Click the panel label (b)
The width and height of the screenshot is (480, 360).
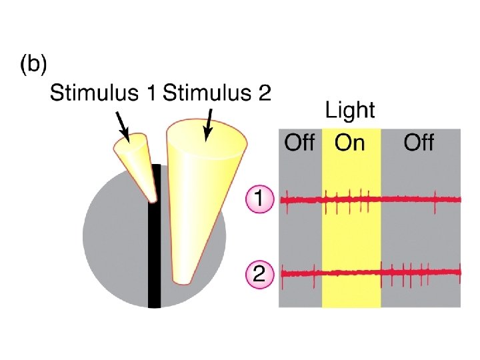(33, 65)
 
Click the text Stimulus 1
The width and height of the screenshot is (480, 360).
(103, 93)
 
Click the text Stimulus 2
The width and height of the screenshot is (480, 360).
(217, 93)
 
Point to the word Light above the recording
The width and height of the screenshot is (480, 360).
(350, 110)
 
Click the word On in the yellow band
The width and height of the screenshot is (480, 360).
(350, 142)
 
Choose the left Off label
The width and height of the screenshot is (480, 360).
(299, 142)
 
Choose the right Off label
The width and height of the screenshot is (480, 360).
(419, 142)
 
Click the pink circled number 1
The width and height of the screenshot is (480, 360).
(259, 199)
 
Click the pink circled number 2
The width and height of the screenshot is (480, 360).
(259, 273)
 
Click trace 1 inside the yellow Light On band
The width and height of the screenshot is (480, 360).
(351, 199)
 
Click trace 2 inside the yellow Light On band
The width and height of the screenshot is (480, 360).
(351, 273)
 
